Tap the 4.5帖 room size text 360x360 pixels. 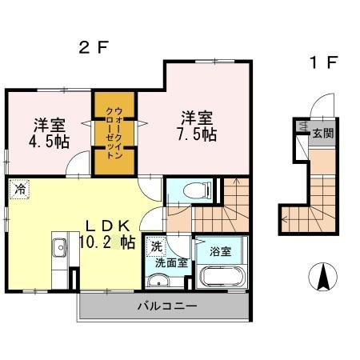50,140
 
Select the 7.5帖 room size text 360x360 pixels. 196,134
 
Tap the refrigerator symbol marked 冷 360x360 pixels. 18,191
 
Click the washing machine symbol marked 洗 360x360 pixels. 156,246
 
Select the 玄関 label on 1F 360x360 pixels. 322,134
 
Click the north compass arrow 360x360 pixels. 324,278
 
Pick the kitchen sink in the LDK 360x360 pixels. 59,250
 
